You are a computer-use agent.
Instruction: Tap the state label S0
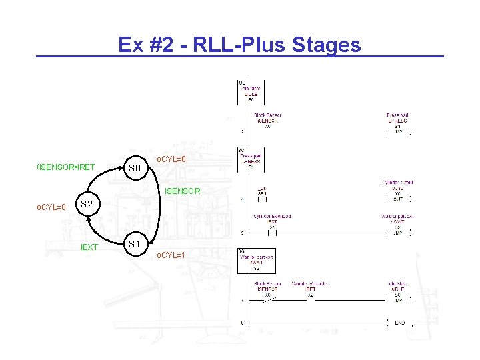(135, 168)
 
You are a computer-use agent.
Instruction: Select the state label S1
(135, 244)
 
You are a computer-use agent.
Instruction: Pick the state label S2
(87, 204)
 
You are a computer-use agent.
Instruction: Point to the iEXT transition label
(89, 247)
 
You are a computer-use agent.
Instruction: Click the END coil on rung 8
(399, 323)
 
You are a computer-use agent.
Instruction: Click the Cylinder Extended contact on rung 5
(272, 233)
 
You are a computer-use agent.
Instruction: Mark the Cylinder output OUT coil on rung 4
(398, 198)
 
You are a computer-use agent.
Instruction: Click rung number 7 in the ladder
(241, 301)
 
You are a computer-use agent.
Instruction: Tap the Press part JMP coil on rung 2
(398, 131)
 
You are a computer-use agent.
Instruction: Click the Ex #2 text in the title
(143, 45)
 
